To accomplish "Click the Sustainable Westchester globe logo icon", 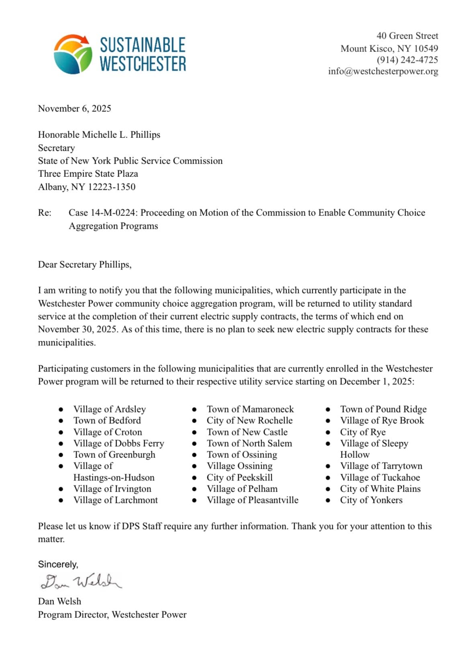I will click(73, 54).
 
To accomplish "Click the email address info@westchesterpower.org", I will click(383, 72).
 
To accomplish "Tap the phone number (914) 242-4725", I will click(407, 60).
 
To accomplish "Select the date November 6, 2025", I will click(74, 109).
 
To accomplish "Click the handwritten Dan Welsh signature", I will click(80, 581).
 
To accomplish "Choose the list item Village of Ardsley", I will click(109, 409).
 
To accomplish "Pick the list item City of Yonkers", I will click(371, 500).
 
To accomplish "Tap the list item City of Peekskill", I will click(240, 478).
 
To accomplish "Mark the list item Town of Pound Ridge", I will click(383, 409).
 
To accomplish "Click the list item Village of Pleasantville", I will click(252, 500).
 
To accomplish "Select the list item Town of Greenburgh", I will click(114, 455).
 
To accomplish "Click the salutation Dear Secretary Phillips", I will click(84, 264).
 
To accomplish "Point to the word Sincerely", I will click(58, 564).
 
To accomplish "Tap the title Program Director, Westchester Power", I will click(112, 615).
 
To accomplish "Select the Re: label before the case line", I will click(45, 213).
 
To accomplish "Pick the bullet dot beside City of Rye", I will click(328, 432).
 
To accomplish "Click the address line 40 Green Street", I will click(407, 36).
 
